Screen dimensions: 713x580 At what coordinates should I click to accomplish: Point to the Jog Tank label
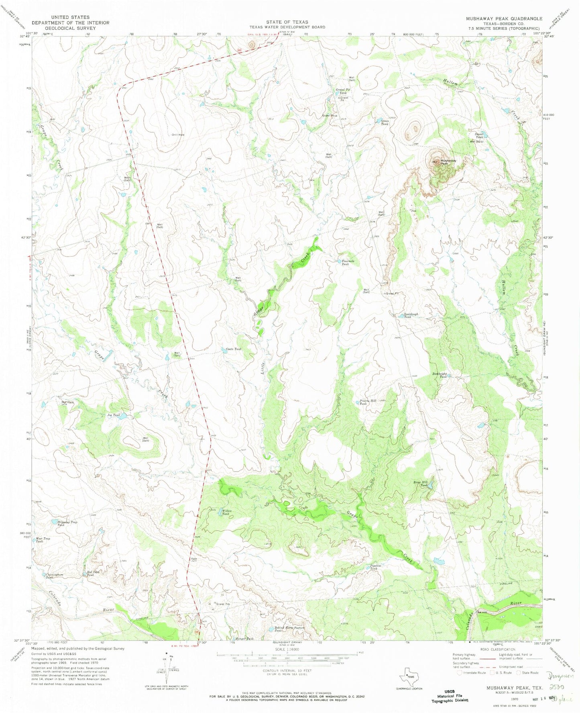pos(114,415)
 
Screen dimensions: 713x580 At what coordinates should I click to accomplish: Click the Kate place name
pos(194,559)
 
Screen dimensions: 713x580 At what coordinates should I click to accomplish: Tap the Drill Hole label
pos(178,135)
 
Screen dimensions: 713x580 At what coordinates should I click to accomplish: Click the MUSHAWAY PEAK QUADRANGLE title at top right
pos(504,19)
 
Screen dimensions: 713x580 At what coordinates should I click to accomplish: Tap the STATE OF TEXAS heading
pos(287,22)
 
